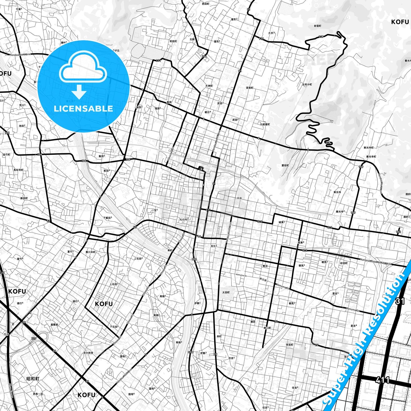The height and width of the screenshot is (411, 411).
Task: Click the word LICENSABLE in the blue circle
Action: coord(83,109)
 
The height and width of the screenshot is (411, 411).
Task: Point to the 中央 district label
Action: coord(239,198)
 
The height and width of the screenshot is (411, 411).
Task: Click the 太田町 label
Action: coord(226,292)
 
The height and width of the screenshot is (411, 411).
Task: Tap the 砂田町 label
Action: coord(344,263)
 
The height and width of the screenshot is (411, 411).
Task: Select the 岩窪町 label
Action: coord(317,26)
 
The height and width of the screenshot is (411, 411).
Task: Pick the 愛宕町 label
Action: coord(285,165)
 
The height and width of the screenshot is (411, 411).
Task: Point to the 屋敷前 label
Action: coord(54,325)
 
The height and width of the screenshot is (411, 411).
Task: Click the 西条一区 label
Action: coord(38,394)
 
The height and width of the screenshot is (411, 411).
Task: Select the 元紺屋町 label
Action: coord(265,124)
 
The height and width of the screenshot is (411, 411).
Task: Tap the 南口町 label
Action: coord(267,328)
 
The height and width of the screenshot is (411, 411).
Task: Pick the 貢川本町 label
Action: coord(90,252)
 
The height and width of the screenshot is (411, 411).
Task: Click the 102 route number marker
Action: coord(398,232)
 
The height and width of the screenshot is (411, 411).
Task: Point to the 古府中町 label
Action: coord(307,84)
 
